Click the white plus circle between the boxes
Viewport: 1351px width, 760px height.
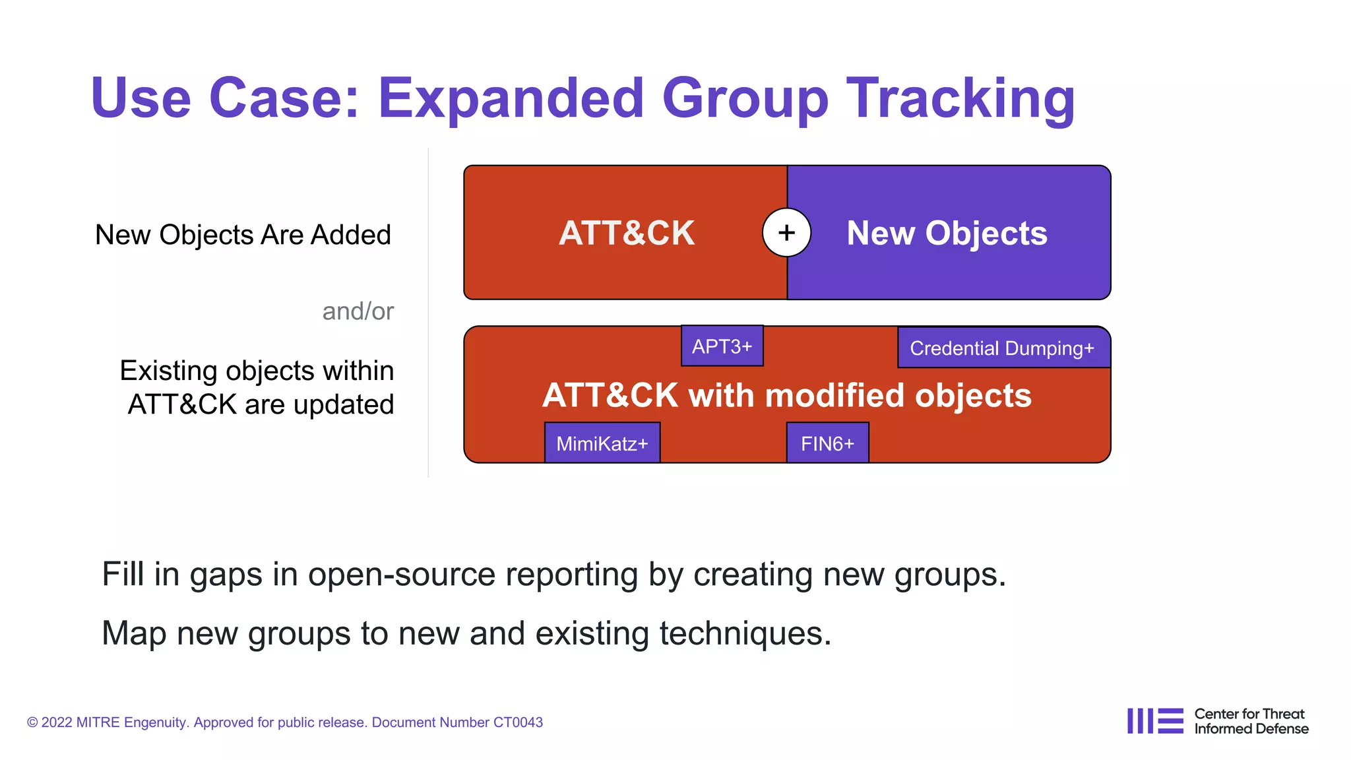786,232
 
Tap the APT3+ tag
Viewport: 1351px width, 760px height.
722,346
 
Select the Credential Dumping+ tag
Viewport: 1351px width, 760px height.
1003,348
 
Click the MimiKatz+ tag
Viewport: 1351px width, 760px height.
602,443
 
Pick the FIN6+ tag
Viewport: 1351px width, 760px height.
827,443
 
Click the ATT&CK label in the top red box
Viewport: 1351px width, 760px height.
627,233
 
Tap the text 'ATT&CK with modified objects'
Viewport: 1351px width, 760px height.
786,395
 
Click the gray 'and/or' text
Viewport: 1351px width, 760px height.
358,311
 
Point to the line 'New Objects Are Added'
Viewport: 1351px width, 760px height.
243,235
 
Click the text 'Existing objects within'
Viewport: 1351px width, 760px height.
257,371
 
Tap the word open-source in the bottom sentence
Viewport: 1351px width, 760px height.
401,574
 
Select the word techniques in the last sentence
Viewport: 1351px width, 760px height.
745,633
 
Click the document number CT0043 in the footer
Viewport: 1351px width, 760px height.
517,722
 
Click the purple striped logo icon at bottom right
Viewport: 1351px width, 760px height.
1154,721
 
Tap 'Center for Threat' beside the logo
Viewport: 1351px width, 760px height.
1249,714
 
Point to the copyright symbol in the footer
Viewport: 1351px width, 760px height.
32,723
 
